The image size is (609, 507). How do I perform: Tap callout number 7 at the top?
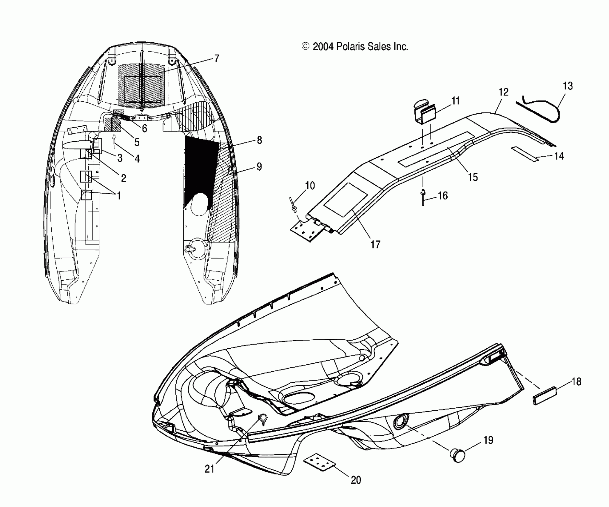pyautogui.click(x=217, y=58)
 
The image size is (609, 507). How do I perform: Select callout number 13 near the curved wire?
pyautogui.click(x=568, y=86)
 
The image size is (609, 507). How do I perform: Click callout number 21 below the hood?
pyautogui.click(x=209, y=469)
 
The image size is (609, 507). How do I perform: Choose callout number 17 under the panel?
pyautogui.click(x=375, y=245)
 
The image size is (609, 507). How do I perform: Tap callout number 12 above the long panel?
pyautogui.click(x=503, y=92)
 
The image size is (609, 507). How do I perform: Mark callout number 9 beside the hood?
pyautogui.click(x=259, y=167)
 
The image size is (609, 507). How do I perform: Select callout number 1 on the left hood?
pyautogui.click(x=119, y=196)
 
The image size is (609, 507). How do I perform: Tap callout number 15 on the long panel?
pyautogui.click(x=473, y=177)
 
